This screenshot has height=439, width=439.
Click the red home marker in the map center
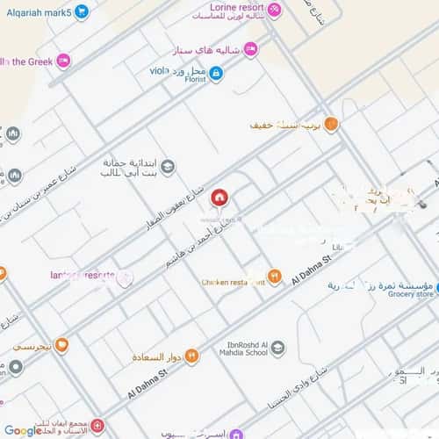point(219,197)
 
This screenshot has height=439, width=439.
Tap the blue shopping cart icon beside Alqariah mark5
point(82,11)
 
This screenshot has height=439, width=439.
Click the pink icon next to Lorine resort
point(275,11)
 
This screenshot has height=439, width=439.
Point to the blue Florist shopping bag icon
point(216,74)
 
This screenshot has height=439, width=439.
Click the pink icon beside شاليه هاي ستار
point(250,50)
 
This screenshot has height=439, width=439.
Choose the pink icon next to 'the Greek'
point(62,61)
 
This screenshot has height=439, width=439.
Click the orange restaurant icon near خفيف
point(331,125)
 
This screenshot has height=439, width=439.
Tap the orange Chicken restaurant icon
point(274,277)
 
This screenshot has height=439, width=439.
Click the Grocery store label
point(412,295)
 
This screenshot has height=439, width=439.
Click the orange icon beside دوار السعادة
point(191,355)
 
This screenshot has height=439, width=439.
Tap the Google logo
point(23,429)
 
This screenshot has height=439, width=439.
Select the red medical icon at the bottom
point(97,427)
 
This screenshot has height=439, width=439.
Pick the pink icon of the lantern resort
point(125,277)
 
